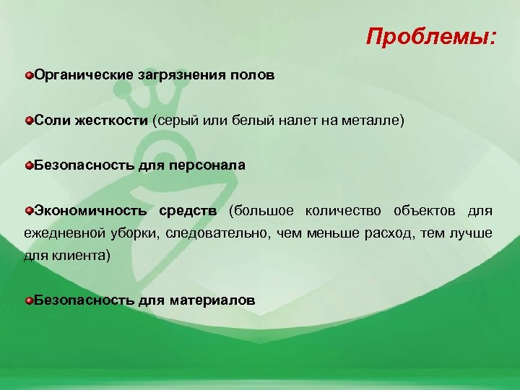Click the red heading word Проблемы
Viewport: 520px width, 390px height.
[x=430, y=36]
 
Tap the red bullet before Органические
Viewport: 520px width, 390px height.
[x=28, y=75]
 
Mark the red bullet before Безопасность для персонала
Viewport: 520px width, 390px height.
[x=28, y=165]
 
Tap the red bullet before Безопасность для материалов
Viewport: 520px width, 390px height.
[x=28, y=300]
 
